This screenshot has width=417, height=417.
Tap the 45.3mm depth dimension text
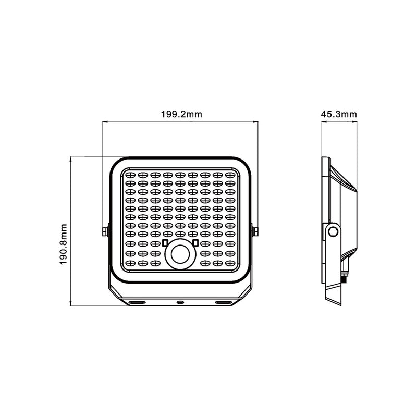click(338, 114)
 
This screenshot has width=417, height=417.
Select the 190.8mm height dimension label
click(64, 244)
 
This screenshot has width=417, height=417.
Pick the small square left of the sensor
click(165, 243)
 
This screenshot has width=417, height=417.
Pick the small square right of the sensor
click(195, 243)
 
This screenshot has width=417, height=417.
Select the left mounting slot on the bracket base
click(138, 302)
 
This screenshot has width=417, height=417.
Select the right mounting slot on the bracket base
click(222, 302)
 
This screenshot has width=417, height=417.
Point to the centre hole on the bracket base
click(180, 302)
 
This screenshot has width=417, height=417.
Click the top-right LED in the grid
click(231, 176)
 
